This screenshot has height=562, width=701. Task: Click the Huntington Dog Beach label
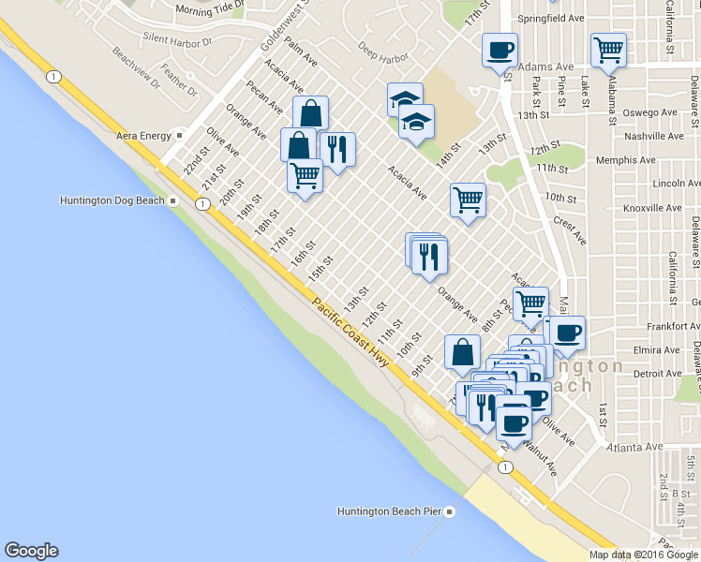coord(112,200)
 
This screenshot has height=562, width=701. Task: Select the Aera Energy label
coord(143,136)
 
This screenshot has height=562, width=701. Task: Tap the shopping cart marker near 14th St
coord(467,199)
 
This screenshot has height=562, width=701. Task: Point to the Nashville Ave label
coord(657,137)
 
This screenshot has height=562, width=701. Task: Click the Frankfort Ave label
coord(657,328)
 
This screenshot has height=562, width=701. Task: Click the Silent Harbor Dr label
coord(185,38)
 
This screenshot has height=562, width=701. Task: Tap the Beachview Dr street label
coord(135,67)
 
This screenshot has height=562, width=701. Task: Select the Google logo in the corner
coord(31,551)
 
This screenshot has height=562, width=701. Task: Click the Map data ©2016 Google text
coord(643,555)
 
